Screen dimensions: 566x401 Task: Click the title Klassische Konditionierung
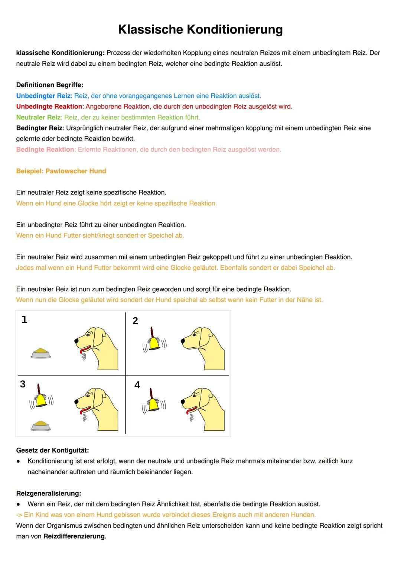pyautogui.click(x=200, y=29)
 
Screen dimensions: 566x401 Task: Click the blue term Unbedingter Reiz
pyautogui.click(x=43, y=96)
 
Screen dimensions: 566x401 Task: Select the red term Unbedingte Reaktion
pyautogui.click(x=49, y=106)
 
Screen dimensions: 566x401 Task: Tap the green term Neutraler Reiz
pyautogui.click(x=38, y=117)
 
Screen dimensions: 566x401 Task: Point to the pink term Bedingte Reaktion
pyautogui.click(x=45, y=149)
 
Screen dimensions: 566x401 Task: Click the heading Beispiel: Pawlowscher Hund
pyautogui.click(x=61, y=171)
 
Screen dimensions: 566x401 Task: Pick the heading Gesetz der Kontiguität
pyautogui.click(x=52, y=450)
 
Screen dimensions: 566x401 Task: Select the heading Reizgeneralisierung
pyautogui.click(x=48, y=493)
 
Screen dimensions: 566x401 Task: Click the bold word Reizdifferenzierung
pyautogui.click(x=74, y=536)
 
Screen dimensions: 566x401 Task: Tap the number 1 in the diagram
pyautogui.click(x=25, y=320)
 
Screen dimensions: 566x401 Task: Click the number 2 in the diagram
pyautogui.click(x=135, y=321)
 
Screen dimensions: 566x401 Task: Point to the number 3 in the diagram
pyautogui.click(x=23, y=384)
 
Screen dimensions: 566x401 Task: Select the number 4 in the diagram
pyautogui.click(x=137, y=385)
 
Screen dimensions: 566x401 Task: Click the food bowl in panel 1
pyautogui.click(x=41, y=353)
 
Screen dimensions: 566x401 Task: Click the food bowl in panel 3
pyautogui.click(x=41, y=426)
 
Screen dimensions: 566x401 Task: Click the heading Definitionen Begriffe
pyautogui.click(x=50, y=85)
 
